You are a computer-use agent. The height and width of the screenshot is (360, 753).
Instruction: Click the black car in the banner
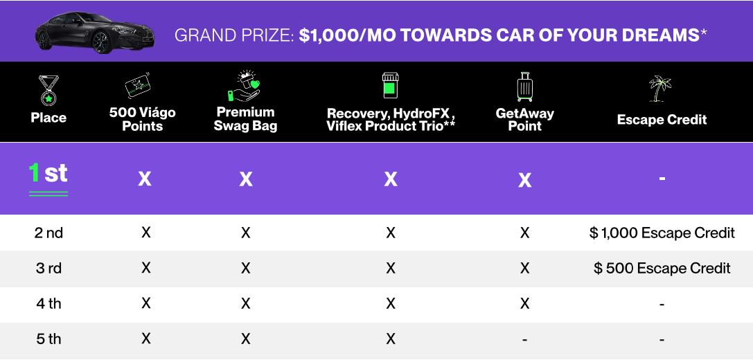pyautogui.click(x=95, y=32)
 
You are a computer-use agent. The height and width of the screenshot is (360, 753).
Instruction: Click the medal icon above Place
pyautogui.click(x=48, y=91)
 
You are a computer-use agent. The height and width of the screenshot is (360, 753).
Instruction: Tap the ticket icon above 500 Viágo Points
pyautogui.click(x=139, y=87)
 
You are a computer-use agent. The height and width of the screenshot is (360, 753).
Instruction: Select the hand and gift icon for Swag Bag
pyautogui.click(x=243, y=87)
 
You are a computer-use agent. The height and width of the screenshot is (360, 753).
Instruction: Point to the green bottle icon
pyautogui.click(x=391, y=85)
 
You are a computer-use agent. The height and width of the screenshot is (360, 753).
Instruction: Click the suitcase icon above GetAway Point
pyautogui.click(x=525, y=87)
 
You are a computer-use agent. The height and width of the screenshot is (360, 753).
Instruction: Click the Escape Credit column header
pyautogui.click(x=662, y=120)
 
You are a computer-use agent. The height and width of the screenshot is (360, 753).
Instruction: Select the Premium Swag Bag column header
pyautogui.click(x=246, y=119)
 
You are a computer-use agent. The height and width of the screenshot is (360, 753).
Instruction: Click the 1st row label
pyautogui.click(x=48, y=173)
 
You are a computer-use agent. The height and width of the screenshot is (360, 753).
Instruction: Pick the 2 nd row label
pyautogui.click(x=48, y=233)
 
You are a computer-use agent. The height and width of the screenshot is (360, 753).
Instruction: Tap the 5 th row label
pyautogui.click(x=48, y=339)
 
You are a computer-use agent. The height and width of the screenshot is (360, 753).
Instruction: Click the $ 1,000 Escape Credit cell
pyautogui.click(x=662, y=233)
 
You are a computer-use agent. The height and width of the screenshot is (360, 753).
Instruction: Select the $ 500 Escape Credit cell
pyautogui.click(x=662, y=269)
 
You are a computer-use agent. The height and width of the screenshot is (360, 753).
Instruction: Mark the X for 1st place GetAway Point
pyautogui.click(x=525, y=180)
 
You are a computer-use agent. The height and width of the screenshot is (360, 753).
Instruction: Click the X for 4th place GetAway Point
pyautogui.click(x=524, y=303)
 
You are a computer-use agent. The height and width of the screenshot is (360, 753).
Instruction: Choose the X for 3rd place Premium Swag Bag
pyautogui.click(x=245, y=269)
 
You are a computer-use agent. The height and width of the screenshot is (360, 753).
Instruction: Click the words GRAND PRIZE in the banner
pyautogui.click(x=234, y=35)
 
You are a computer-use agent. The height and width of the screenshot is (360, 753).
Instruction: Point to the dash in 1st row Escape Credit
pyautogui.click(x=662, y=179)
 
